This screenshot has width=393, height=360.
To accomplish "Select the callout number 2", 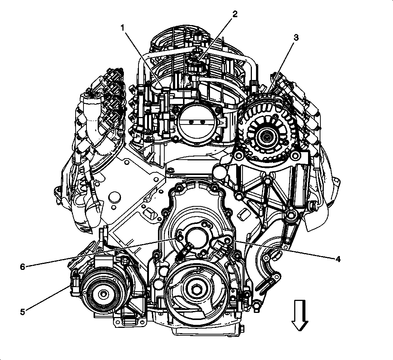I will [235, 14].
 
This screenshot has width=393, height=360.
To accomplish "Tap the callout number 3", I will [296, 37].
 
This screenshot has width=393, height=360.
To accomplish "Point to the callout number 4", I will [338, 258].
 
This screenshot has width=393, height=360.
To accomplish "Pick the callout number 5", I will [23, 311].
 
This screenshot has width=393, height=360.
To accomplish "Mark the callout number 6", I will [22, 267].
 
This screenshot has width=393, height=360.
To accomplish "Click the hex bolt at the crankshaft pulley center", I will [196, 289].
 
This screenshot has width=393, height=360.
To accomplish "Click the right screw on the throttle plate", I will [204, 122].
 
